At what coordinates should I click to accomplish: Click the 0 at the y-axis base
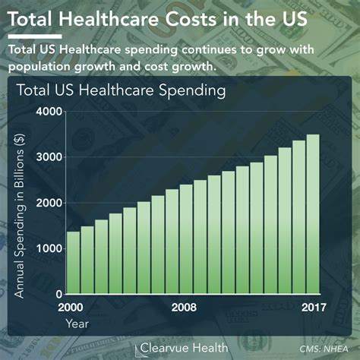point(57,294)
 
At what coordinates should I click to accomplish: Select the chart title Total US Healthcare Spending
point(122,92)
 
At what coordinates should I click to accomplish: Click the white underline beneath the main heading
point(34,36)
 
